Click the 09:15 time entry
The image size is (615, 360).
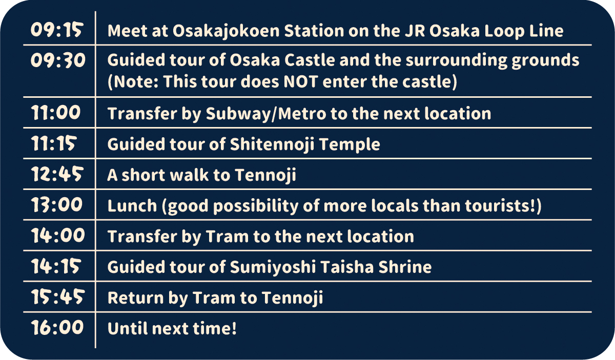click(x=56, y=30)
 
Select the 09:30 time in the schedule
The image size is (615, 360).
click(x=58, y=60)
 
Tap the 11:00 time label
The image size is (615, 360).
click(x=56, y=113)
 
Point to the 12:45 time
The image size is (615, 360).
click(x=57, y=174)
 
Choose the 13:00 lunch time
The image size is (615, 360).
click(x=57, y=205)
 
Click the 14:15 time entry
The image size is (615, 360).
click(x=56, y=266)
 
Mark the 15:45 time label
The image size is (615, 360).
click(x=58, y=297)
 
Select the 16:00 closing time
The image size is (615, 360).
click(x=57, y=327)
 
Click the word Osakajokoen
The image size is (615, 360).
click(x=226, y=31)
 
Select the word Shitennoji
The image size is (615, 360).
click(x=272, y=144)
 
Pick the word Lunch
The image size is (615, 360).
click(x=132, y=206)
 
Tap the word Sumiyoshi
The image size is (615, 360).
click(x=273, y=267)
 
